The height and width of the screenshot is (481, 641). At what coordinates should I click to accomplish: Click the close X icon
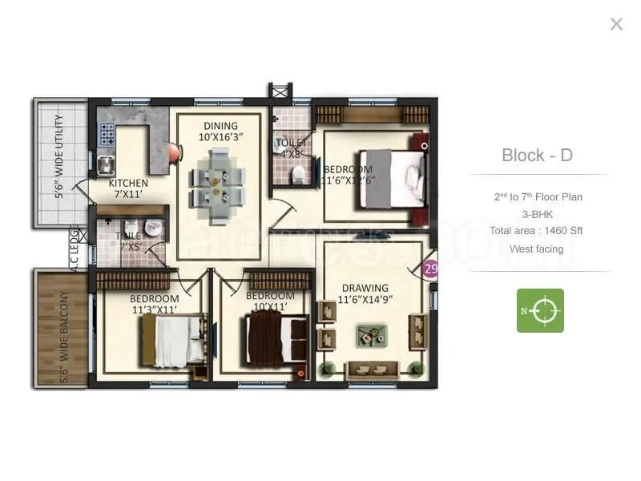[x=616, y=24]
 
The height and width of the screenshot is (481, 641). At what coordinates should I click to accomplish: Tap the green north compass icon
[x=540, y=310]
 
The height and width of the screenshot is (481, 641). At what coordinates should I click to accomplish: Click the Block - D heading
[x=537, y=155]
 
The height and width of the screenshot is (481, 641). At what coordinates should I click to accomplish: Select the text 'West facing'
[x=536, y=249]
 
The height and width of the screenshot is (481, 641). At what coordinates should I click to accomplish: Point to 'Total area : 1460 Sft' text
[x=536, y=231]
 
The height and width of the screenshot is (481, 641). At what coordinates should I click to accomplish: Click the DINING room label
[x=220, y=126]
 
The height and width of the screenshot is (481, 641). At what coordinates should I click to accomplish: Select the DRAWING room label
[x=365, y=288]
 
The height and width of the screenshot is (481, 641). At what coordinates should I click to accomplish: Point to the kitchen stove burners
[x=107, y=134]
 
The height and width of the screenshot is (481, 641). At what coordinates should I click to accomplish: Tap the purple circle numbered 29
[x=431, y=269]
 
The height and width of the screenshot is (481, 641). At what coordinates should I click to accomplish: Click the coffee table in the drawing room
[x=370, y=334]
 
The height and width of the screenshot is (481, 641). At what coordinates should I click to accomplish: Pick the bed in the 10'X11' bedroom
[x=276, y=338]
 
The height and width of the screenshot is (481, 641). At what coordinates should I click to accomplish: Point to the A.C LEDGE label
[x=75, y=249]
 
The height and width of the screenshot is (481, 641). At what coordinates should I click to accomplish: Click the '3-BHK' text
[x=537, y=214]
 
